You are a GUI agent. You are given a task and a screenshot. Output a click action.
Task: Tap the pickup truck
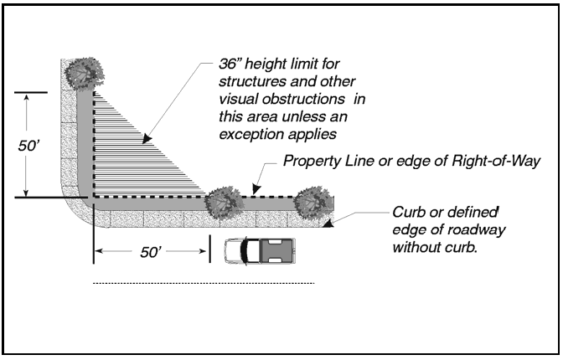260,249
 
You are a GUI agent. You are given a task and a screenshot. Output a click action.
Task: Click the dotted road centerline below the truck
201,283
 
